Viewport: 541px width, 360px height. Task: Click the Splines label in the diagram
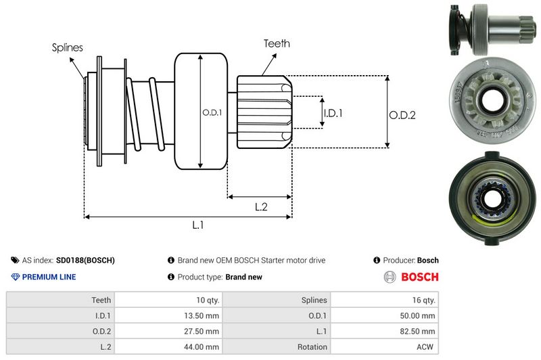tap(68, 47)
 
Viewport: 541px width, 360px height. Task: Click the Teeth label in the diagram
tap(277, 43)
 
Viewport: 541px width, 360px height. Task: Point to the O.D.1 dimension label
tap(212, 112)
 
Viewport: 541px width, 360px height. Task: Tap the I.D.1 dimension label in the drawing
tap(333, 114)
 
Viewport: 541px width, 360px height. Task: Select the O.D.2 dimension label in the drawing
tap(402, 116)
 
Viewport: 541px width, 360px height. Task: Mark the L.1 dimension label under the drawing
tap(198, 226)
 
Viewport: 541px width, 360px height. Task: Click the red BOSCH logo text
tap(419, 277)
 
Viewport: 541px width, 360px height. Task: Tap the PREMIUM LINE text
tap(49, 277)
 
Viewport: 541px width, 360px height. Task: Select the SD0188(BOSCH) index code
tap(85, 260)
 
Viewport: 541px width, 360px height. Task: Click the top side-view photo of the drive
tap(492, 29)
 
